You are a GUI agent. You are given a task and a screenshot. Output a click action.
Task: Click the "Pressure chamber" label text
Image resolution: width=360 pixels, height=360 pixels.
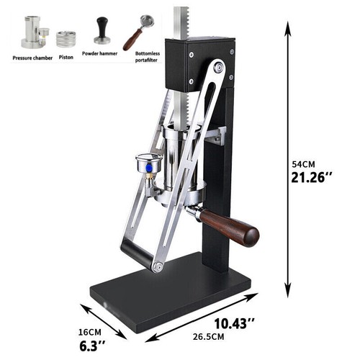tap(32, 58)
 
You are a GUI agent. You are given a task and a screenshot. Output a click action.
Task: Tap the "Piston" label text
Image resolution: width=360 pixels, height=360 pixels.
tap(66, 57)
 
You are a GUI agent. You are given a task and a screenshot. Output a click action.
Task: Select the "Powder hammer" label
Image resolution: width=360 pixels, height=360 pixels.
tap(99, 53)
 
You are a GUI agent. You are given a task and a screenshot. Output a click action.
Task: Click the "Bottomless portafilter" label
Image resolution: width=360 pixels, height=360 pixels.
tap(147, 57)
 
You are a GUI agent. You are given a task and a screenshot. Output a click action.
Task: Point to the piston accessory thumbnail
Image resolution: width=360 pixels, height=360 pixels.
tap(66, 39)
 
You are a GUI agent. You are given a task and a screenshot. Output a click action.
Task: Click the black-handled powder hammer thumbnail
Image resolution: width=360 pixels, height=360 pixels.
tap(102, 30)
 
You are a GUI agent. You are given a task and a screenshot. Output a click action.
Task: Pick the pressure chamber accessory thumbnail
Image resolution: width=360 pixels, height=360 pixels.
tap(35, 32)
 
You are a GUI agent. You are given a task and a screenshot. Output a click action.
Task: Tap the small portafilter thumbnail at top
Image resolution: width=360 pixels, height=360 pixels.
tap(138, 32)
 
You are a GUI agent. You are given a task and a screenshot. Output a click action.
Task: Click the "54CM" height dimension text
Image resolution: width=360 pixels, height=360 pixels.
tap(303, 164)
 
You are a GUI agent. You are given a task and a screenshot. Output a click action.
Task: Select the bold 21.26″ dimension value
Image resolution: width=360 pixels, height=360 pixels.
tap(312, 178)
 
